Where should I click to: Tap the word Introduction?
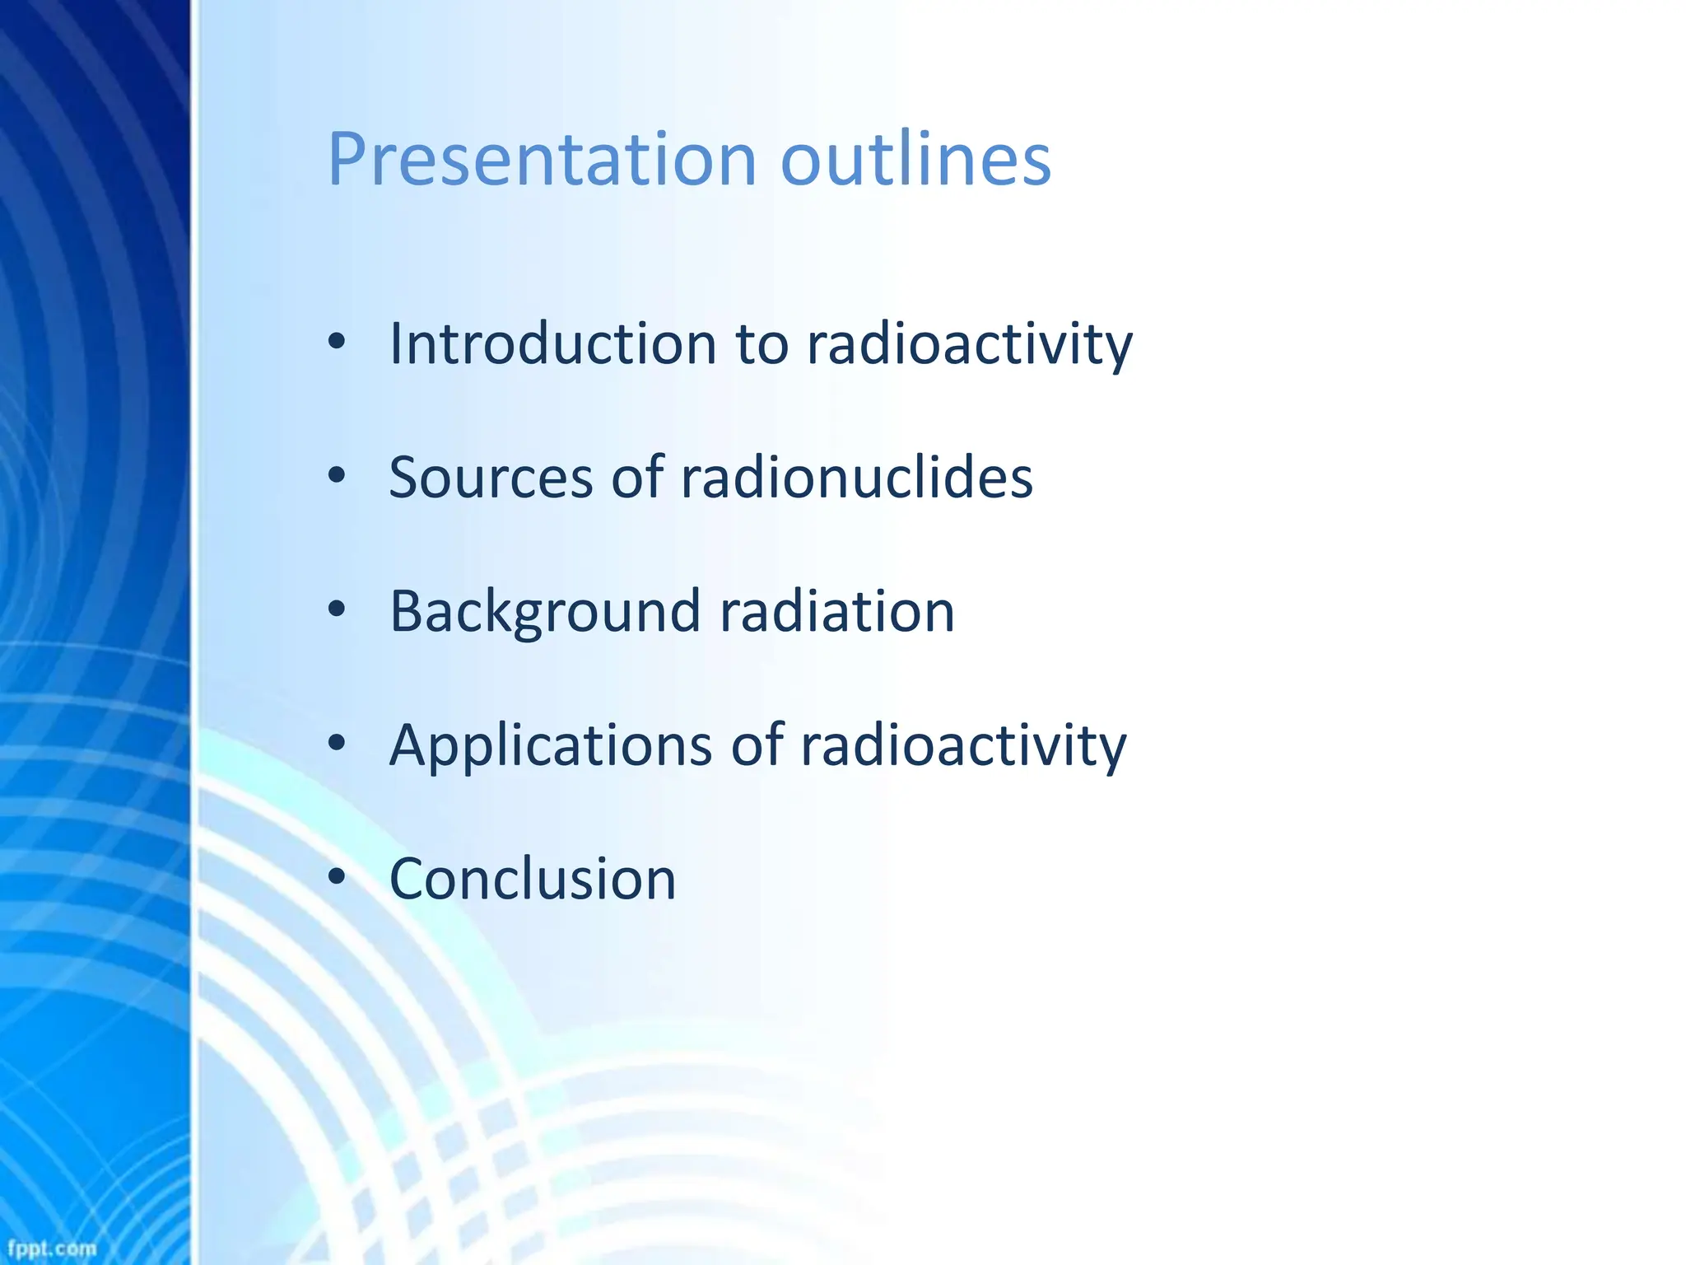pyautogui.click(x=553, y=343)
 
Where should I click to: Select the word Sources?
pyautogui.click(x=491, y=478)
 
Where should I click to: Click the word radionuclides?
pyautogui.click(x=856, y=478)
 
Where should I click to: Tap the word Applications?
pyautogui.click(x=551, y=746)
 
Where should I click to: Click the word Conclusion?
pyautogui.click(x=533, y=880)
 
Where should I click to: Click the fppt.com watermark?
pyautogui.click(x=52, y=1249)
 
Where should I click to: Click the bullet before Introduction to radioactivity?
pyautogui.click(x=336, y=342)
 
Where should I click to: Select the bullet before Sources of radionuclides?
pyautogui.click(x=336, y=476)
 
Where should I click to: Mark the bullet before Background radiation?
pyautogui.click(x=336, y=610)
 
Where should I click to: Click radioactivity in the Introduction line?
pyautogui.click(x=969, y=343)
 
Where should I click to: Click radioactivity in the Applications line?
pyautogui.click(x=963, y=746)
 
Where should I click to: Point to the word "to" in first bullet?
pyautogui.click(x=762, y=345)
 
